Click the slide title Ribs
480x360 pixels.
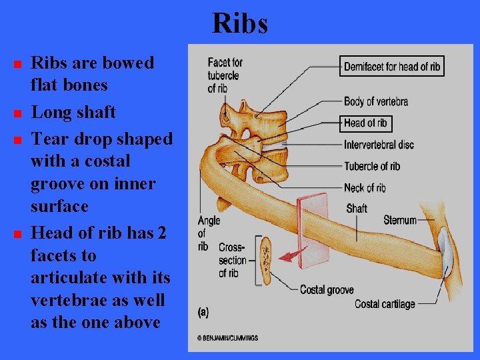(x=240, y=24)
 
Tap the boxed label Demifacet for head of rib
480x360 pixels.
(x=392, y=66)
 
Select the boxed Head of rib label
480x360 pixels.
(x=365, y=123)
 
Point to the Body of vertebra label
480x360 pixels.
(x=375, y=101)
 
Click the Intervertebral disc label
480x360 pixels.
(x=379, y=145)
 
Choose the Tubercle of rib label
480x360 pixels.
(x=372, y=166)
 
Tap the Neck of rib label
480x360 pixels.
(x=365, y=188)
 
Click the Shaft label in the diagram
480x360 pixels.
(x=357, y=209)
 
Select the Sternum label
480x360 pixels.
(x=400, y=220)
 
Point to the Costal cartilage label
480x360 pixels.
(x=385, y=304)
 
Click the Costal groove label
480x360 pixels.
(x=327, y=290)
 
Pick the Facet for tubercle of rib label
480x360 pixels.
(x=225, y=75)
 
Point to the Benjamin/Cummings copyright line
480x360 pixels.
(x=227, y=339)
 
